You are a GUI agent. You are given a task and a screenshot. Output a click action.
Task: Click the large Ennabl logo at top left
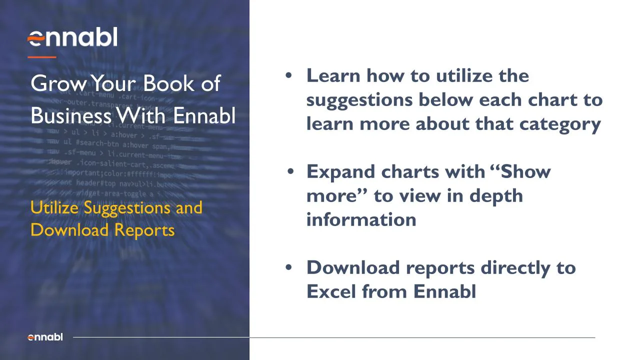pyautogui.click(x=72, y=38)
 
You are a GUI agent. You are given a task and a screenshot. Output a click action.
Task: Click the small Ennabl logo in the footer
pyautogui.click(x=45, y=337)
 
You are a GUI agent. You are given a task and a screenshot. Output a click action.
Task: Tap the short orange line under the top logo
pyautogui.click(x=41, y=57)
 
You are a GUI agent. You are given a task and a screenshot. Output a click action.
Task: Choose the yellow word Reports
pyautogui.click(x=144, y=230)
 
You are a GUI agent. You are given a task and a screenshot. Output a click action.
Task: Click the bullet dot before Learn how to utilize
pyautogui.click(x=288, y=75)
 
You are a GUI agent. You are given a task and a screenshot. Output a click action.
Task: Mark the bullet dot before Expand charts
pyautogui.click(x=291, y=172)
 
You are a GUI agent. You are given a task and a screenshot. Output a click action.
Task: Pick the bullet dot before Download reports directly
pyautogui.click(x=288, y=267)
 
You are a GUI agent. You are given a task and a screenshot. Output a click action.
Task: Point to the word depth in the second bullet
pyautogui.click(x=496, y=195)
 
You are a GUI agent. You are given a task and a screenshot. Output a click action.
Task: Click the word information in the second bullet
pyautogui.click(x=361, y=219)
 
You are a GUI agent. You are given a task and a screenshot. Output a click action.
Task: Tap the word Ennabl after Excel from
pyautogui.click(x=444, y=291)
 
